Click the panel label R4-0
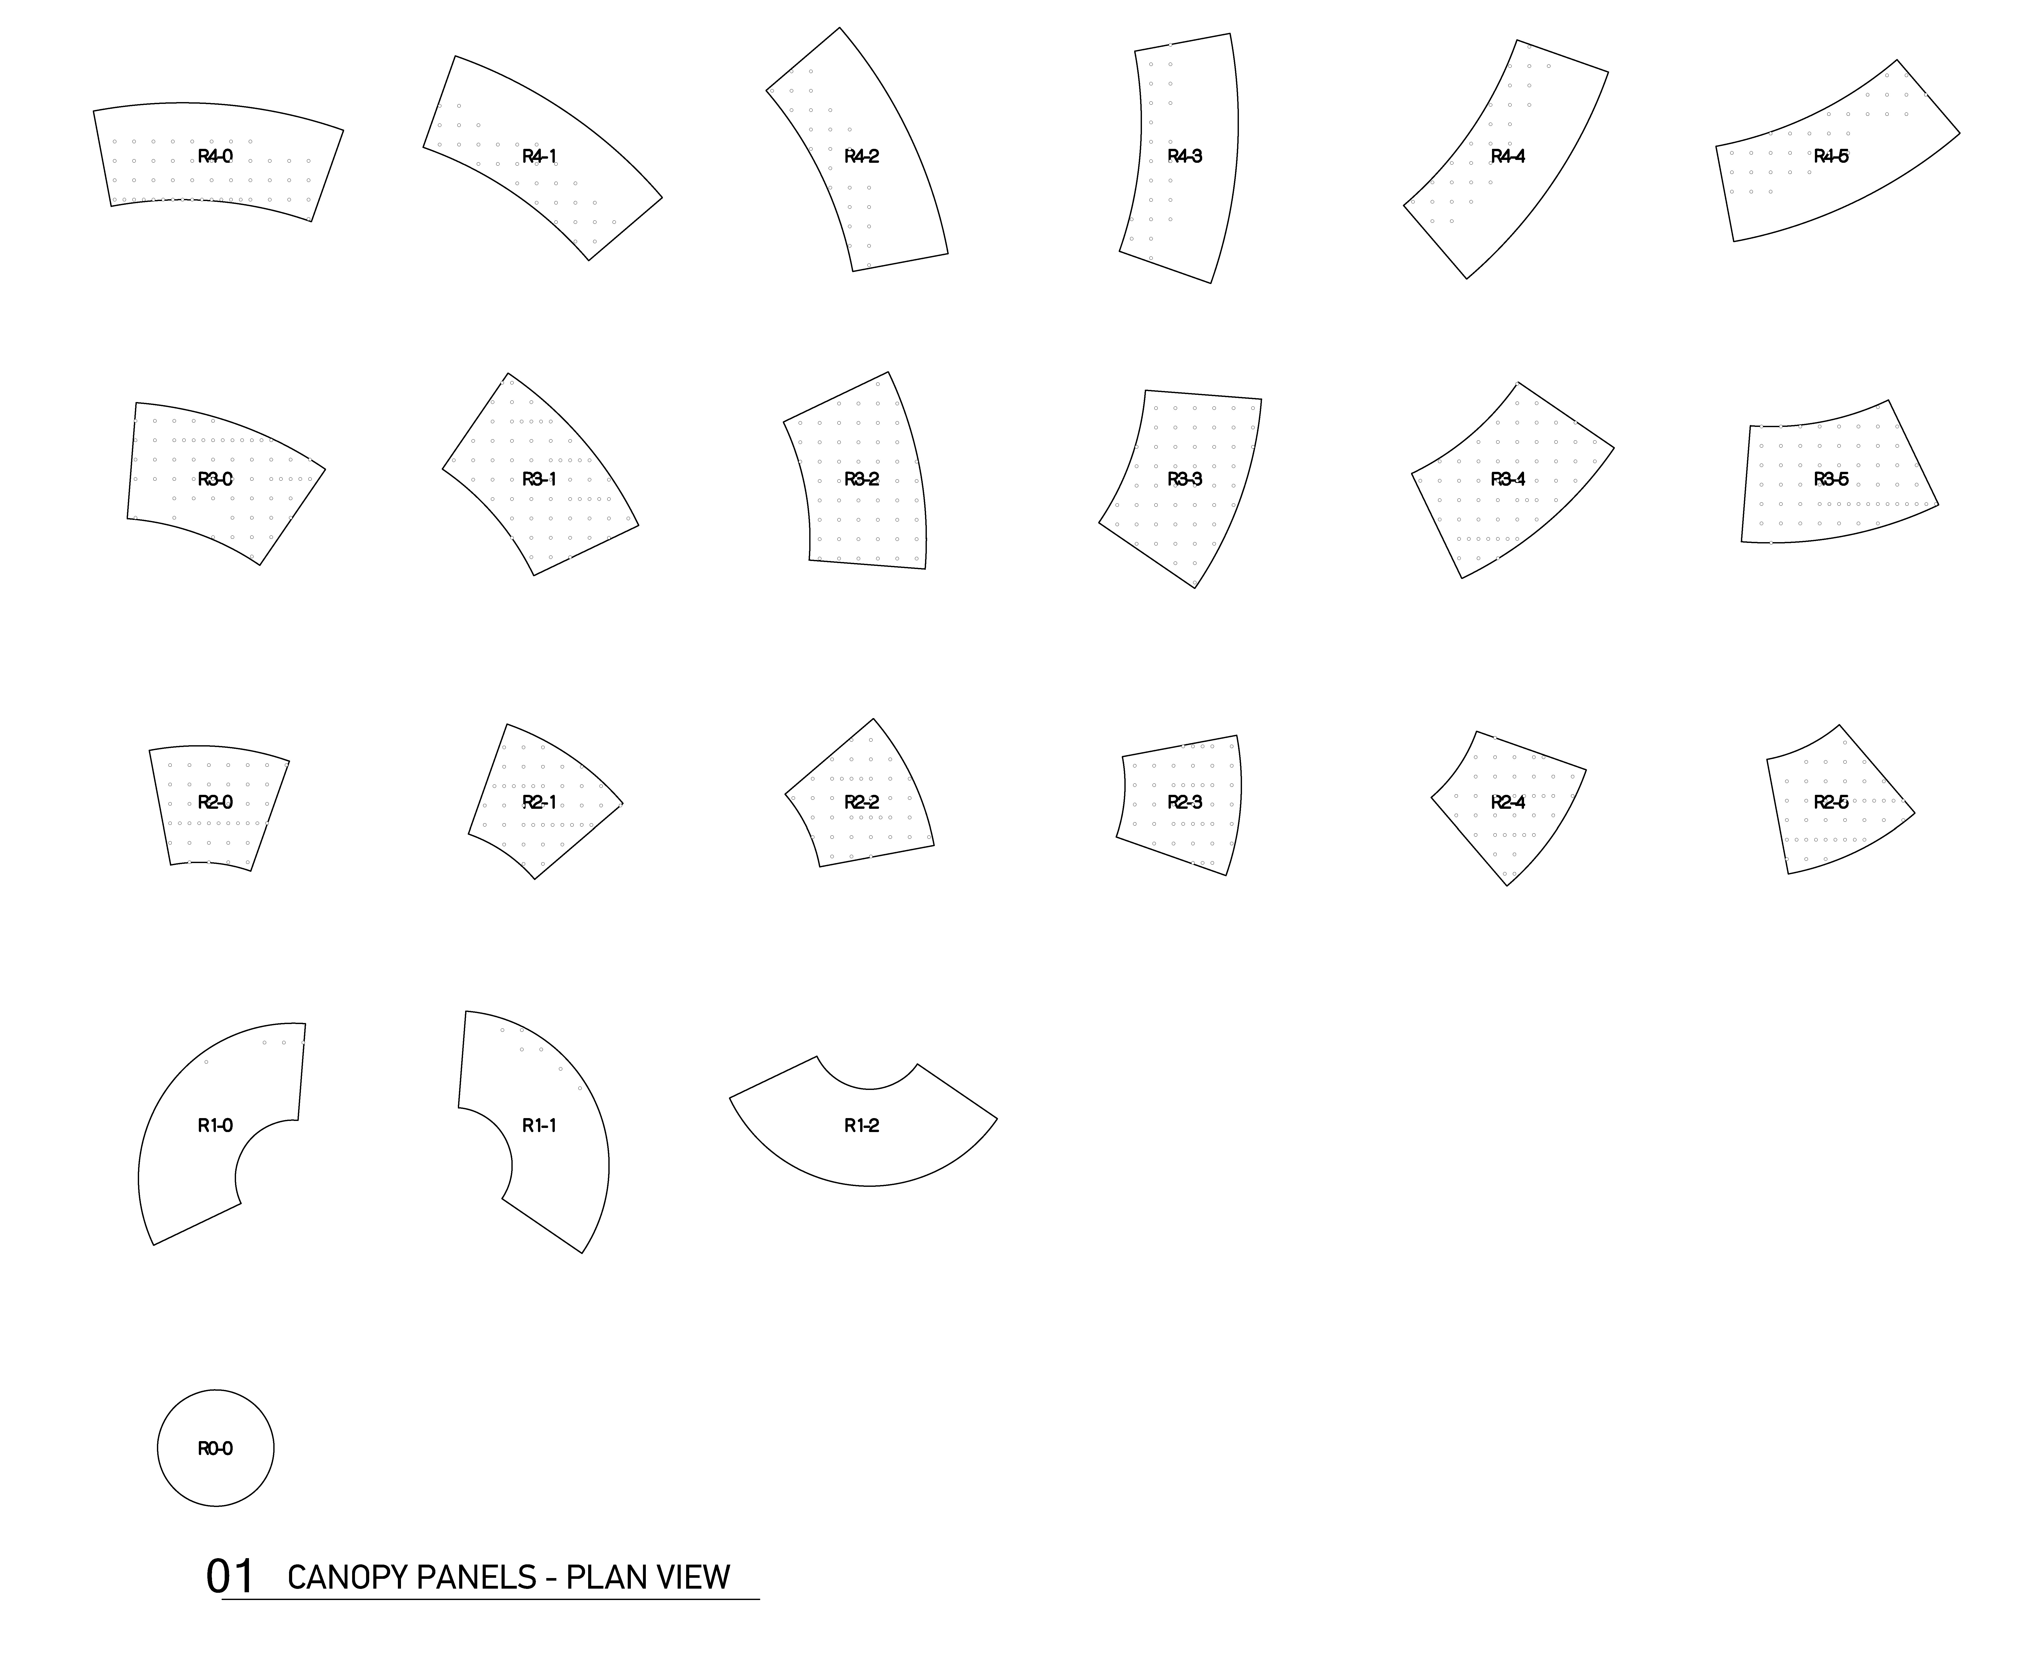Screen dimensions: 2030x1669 pyautogui.click(x=215, y=157)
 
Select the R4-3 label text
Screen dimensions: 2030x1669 pyautogui.click(x=1185, y=157)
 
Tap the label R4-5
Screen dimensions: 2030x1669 pyautogui.click(x=1831, y=157)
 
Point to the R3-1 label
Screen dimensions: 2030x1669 pyautogui.click(x=539, y=479)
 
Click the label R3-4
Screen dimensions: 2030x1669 pyautogui.click(x=1508, y=479)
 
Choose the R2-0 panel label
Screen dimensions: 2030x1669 pyautogui.click(x=215, y=802)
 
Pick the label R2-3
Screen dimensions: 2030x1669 pyautogui.click(x=1185, y=802)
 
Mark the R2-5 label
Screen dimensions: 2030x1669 pyautogui.click(x=1831, y=802)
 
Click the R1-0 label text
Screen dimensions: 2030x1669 pyautogui.click(x=215, y=1125)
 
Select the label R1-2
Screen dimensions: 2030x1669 pyautogui.click(x=862, y=1125)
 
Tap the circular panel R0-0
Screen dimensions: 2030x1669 pyautogui.click(x=215, y=1448)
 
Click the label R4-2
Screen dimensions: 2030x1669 pyautogui.click(x=862, y=157)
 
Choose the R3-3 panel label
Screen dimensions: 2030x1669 pyautogui.click(x=1185, y=479)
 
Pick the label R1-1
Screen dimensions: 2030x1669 pyautogui.click(x=539, y=1125)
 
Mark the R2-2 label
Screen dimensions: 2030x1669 pyautogui.click(x=862, y=802)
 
